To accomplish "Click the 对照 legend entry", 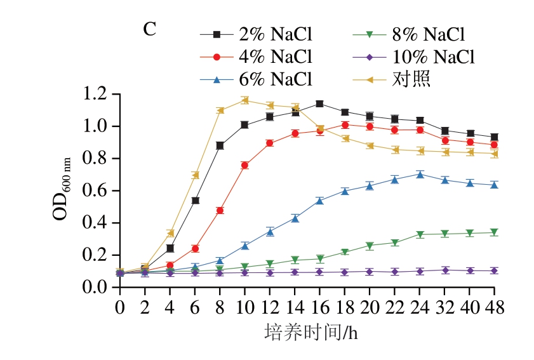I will point(403,79).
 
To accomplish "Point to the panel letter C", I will point(149,29).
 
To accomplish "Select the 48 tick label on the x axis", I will point(495,309).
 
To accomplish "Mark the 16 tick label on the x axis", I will point(319,309).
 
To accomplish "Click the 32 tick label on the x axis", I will point(444,309).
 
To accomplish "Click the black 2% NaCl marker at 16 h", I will point(319,103).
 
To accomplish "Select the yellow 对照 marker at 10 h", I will point(244,100).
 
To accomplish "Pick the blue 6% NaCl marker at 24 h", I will point(420,174).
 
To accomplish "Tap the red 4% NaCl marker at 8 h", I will point(220,210).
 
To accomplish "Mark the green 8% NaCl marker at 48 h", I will point(495,233).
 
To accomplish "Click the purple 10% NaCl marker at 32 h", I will point(444,270).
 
